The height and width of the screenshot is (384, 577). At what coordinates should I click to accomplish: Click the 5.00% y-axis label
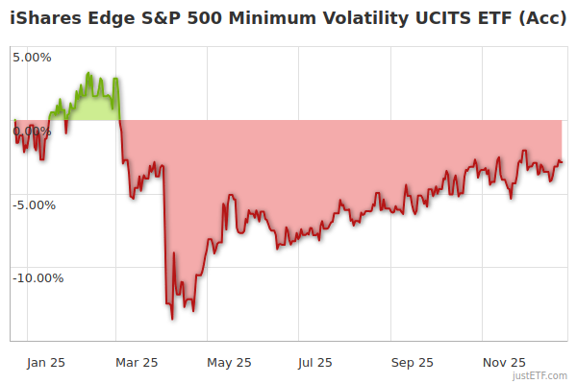(x=32, y=57)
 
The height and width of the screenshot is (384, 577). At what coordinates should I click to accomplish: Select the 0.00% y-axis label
(x=32, y=131)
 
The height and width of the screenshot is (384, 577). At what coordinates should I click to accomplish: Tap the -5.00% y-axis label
(x=34, y=204)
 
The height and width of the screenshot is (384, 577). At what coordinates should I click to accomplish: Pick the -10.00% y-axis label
(x=37, y=278)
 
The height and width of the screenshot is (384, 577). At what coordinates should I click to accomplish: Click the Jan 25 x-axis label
(x=44, y=362)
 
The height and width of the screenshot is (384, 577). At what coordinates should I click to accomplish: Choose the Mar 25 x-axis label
(x=136, y=362)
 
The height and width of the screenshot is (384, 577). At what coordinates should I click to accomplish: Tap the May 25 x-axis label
(x=229, y=362)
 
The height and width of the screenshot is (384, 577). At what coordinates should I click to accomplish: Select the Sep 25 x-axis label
(x=412, y=362)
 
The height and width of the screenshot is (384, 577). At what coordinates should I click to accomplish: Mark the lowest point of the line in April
(x=172, y=319)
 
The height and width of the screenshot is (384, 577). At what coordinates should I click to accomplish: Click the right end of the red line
(x=563, y=162)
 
